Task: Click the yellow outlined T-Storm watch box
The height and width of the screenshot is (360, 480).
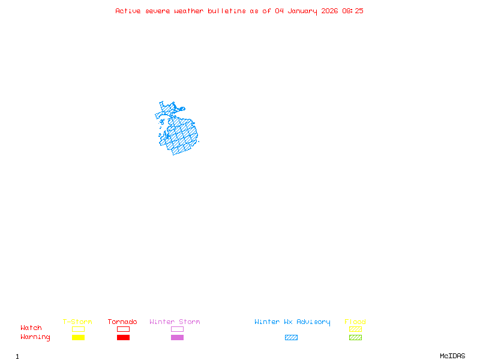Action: pyautogui.click(x=78, y=329)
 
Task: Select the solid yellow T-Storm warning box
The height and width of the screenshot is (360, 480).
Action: pyautogui.click(x=78, y=337)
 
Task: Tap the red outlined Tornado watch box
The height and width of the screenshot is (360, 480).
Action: pyautogui.click(x=123, y=329)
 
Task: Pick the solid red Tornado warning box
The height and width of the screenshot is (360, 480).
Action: pyautogui.click(x=123, y=337)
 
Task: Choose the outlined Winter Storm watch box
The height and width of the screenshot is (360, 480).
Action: pyautogui.click(x=177, y=329)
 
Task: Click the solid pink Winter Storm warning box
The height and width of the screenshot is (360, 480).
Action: pyautogui.click(x=177, y=337)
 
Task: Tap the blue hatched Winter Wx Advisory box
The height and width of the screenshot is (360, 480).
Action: pyautogui.click(x=291, y=337)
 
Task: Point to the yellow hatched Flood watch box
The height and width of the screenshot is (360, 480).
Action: pyautogui.click(x=355, y=329)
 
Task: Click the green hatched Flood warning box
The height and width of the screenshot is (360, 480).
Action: pyautogui.click(x=355, y=337)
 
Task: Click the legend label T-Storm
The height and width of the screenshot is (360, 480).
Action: pyautogui.click(x=77, y=322)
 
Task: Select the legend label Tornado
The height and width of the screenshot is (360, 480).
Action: pyautogui.click(x=122, y=322)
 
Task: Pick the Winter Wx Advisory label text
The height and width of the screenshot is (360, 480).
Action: pyautogui.click(x=292, y=322)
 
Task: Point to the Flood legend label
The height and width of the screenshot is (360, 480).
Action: pyautogui.click(x=355, y=322)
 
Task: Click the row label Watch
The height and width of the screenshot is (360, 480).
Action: pyautogui.click(x=31, y=328)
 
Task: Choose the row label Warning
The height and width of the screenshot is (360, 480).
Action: pyautogui.click(x=35, y=337)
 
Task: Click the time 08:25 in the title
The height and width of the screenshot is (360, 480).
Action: pyautogui.click(x=353, y=11)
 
